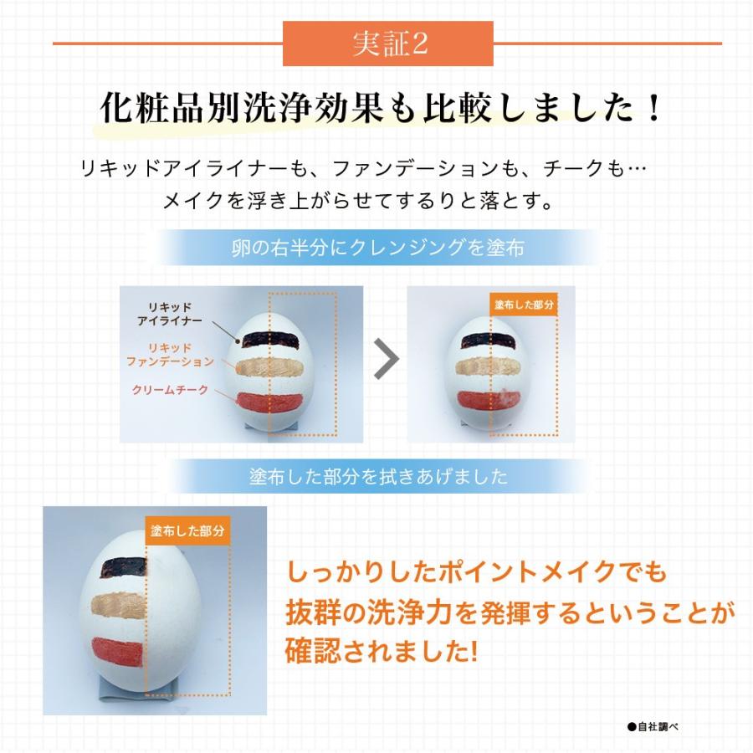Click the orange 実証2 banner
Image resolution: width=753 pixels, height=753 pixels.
388,44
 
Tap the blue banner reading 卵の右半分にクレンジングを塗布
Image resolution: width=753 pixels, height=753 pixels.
379,248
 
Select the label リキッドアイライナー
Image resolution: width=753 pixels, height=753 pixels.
170,314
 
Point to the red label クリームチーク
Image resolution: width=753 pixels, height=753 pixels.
170,391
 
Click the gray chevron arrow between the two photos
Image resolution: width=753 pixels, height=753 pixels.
385,359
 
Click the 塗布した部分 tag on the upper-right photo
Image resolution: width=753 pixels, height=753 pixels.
523,305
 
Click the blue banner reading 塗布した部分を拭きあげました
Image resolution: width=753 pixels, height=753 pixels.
378,477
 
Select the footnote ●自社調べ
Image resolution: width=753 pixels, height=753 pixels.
652,727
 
